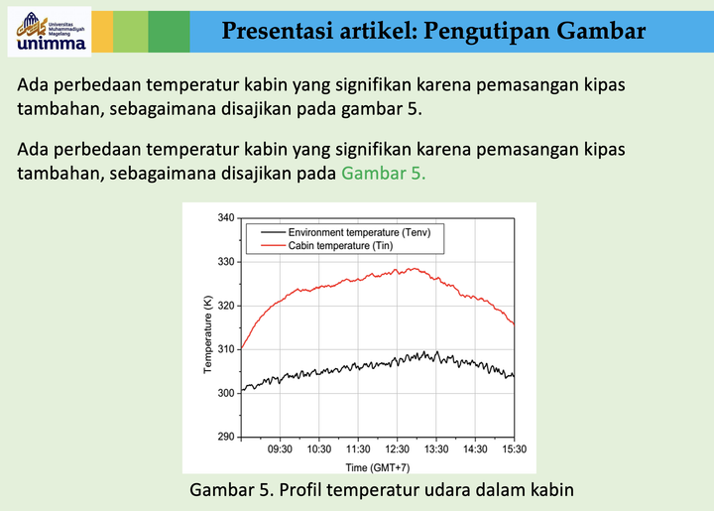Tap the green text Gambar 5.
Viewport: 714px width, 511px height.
coord(383,173)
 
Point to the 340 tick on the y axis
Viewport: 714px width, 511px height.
coord(226,218)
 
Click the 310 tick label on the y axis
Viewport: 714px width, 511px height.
coord(226,349)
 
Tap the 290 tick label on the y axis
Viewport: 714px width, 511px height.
coord(226,437)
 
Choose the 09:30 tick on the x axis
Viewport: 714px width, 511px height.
coord(281,449)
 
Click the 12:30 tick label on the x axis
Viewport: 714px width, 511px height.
coord(398,449)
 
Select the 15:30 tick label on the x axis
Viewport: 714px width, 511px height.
coord(514,449)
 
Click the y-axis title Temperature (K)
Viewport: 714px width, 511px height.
coord(208,327)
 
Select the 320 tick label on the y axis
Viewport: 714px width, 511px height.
coord(226,306)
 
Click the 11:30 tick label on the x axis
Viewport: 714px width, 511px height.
coord(358,449)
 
